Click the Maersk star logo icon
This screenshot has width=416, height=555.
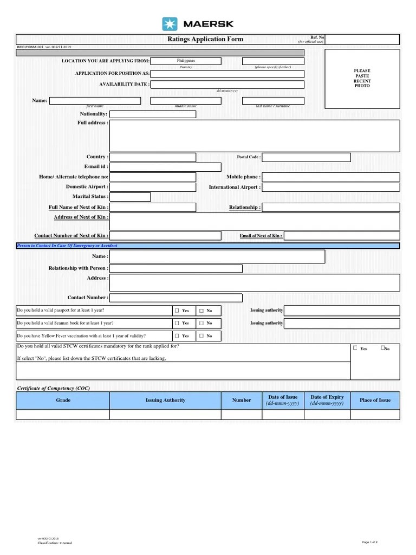170,24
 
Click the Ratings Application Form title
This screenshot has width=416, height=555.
205,39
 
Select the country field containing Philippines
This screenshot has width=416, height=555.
186,61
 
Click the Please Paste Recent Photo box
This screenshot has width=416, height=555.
362,78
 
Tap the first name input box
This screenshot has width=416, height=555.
95,101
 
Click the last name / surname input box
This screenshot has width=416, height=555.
273,101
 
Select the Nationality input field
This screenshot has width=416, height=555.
153,114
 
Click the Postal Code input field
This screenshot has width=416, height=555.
306,157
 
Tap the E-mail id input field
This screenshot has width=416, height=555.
165,167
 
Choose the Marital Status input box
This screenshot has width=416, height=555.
130,197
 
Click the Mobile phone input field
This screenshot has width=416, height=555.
331,177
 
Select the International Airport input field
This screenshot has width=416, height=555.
331,187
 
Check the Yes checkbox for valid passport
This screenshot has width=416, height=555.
177,311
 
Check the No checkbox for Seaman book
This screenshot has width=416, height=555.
201,324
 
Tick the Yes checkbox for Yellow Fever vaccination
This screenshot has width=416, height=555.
177,336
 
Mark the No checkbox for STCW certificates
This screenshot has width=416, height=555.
383,348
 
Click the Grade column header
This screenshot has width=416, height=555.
63,401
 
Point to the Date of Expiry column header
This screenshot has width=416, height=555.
327,401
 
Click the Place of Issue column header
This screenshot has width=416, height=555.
375,401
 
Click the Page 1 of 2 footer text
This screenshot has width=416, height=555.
369,542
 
